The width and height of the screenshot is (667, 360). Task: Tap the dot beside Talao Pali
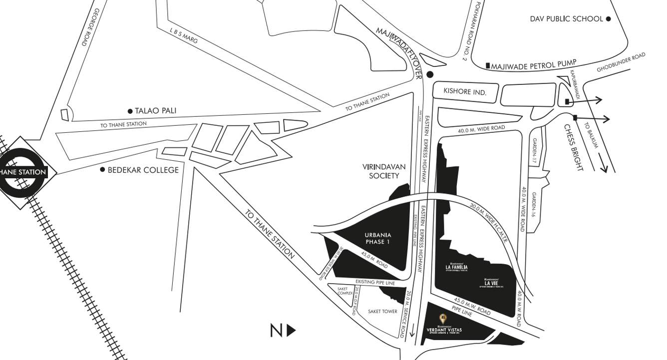(x=130, y=111)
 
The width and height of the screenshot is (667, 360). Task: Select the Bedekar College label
(x=144, y=170)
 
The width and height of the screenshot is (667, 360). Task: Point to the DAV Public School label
(x=566, y=19)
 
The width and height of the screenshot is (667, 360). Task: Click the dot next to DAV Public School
(x=608, y=19)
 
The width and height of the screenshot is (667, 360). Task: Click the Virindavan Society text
(x=384, y=171)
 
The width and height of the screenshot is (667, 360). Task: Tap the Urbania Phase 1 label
(x=378, y=239)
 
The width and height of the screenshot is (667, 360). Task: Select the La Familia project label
(x=456, y=268)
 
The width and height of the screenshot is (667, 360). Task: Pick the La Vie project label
(x=491, y=283)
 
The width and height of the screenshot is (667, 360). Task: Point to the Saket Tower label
(x=382, y=312)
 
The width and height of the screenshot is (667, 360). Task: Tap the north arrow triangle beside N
(x=292, y=331)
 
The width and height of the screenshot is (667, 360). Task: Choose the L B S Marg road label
(x=183, y=36)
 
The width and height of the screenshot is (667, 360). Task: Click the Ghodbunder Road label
(x=621, y=62)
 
